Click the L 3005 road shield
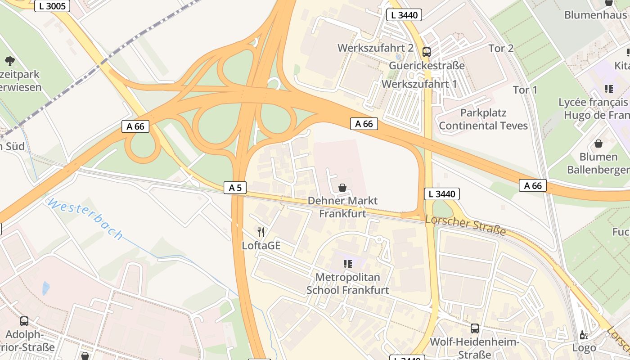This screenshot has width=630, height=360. coord(52,6)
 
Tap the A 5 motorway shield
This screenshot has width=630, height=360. coord(235,188)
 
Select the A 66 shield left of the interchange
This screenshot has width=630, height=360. coord(135,126)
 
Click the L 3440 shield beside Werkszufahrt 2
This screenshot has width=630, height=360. coord(404,15)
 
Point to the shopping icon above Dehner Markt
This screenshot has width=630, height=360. coord(342,188)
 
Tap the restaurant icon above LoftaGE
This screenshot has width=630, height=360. coord(261,232)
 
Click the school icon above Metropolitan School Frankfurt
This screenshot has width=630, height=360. coord(347,264)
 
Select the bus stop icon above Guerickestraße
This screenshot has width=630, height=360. coord(426,52)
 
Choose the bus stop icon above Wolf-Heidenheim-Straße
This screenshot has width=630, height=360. coord(474,328)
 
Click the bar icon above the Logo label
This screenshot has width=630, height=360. coord(584,335)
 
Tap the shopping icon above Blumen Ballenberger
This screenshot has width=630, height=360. coord(598,144)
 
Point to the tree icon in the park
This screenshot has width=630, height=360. coord(9,61)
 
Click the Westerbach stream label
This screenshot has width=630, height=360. coord(85,219)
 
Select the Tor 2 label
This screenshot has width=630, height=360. coord(501,48)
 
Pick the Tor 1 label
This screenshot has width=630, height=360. coord(525,90)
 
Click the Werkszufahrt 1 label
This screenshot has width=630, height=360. coord(419,84)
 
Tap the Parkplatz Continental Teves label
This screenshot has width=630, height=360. coord(483,119)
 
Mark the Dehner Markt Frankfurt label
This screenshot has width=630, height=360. coord(342,207)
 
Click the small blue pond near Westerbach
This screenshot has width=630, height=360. coord(45,288)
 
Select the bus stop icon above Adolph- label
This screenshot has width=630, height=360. coord(24,321)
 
